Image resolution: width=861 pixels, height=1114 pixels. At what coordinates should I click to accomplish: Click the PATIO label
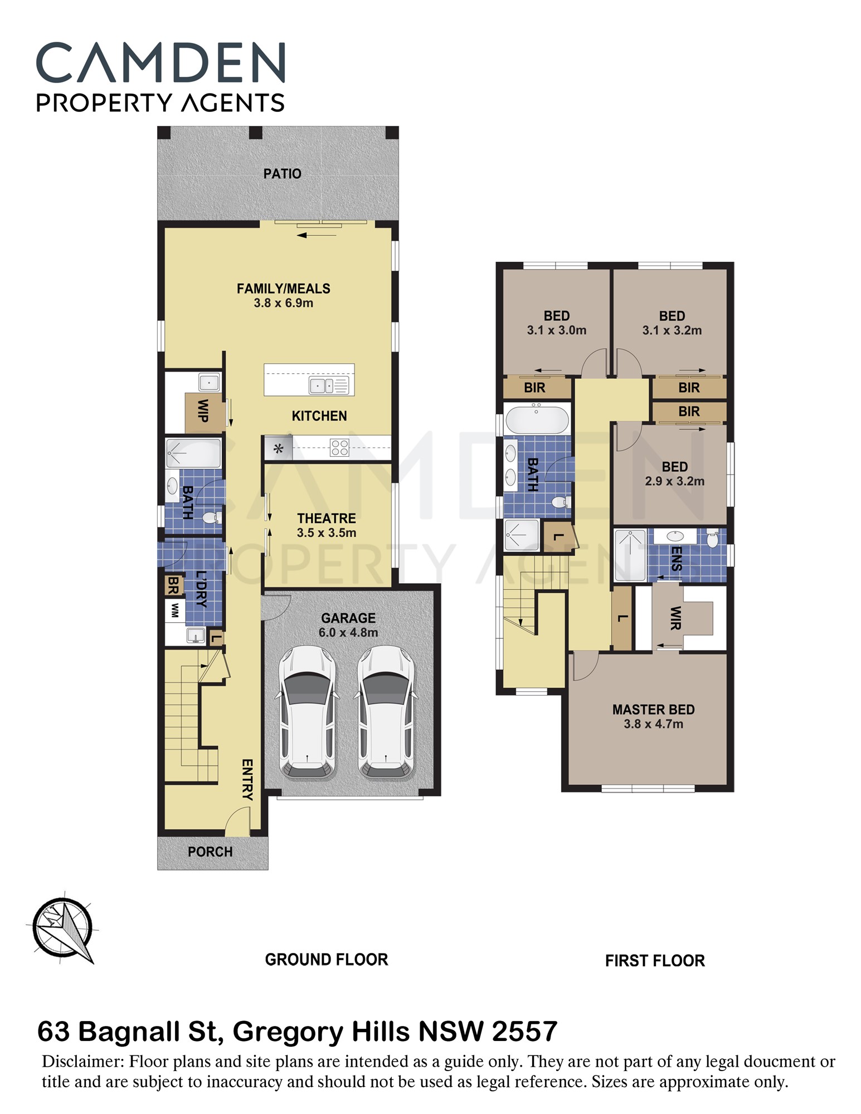282,174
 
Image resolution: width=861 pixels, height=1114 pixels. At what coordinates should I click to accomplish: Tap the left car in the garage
307,712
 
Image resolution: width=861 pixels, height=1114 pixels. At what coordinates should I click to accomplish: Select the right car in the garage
386,712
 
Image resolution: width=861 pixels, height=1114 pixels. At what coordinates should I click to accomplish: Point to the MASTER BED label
653,710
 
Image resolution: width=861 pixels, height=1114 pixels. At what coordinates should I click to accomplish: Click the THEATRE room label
326,518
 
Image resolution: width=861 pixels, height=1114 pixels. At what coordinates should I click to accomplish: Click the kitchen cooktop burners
339,448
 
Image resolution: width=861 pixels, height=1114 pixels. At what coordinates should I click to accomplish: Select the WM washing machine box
175,610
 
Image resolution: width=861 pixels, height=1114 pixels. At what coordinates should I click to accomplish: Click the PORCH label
210,852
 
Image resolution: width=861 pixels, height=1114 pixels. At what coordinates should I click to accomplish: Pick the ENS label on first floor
677,559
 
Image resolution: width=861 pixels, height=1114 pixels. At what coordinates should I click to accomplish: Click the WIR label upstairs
675,618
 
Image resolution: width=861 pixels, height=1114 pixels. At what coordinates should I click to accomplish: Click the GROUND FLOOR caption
326,959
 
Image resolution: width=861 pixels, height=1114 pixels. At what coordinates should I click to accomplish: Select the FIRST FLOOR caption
655,960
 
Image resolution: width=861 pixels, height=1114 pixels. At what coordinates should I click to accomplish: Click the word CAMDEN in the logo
160,63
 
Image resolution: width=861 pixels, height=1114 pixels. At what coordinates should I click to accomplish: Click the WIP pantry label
203,411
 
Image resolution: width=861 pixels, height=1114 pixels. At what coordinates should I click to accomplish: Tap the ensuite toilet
712,539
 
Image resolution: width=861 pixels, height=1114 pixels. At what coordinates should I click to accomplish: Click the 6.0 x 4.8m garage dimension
348,633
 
